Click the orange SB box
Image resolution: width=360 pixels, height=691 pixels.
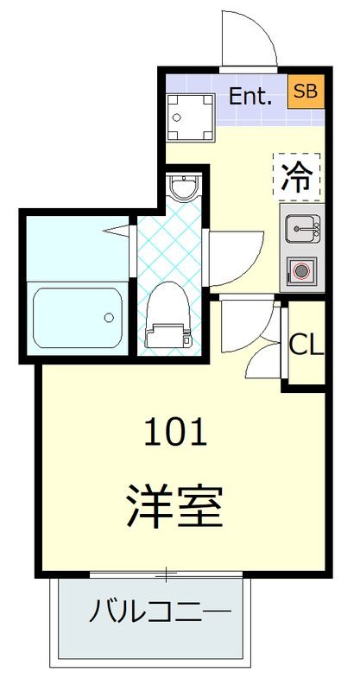[305, 91]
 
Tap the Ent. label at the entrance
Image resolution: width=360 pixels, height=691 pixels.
[250, 96]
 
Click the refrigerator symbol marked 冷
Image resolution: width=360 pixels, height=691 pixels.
[298, 175]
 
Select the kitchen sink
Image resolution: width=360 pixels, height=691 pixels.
[299, 229]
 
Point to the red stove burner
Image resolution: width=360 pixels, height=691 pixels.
[300, 270]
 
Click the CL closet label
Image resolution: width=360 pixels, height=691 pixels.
[306, 345]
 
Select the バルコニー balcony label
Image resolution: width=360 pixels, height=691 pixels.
[160, 612]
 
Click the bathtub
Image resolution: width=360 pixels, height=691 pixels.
[77, 317]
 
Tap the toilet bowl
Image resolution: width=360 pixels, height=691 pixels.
[167, 307]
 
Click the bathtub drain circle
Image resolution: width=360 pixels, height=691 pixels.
[109, 317]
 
